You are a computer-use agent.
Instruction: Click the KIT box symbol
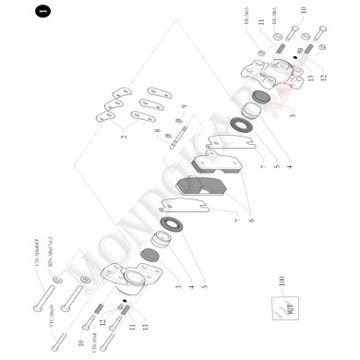pos(278,310)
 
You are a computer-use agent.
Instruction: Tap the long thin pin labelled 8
pos(185,137)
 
